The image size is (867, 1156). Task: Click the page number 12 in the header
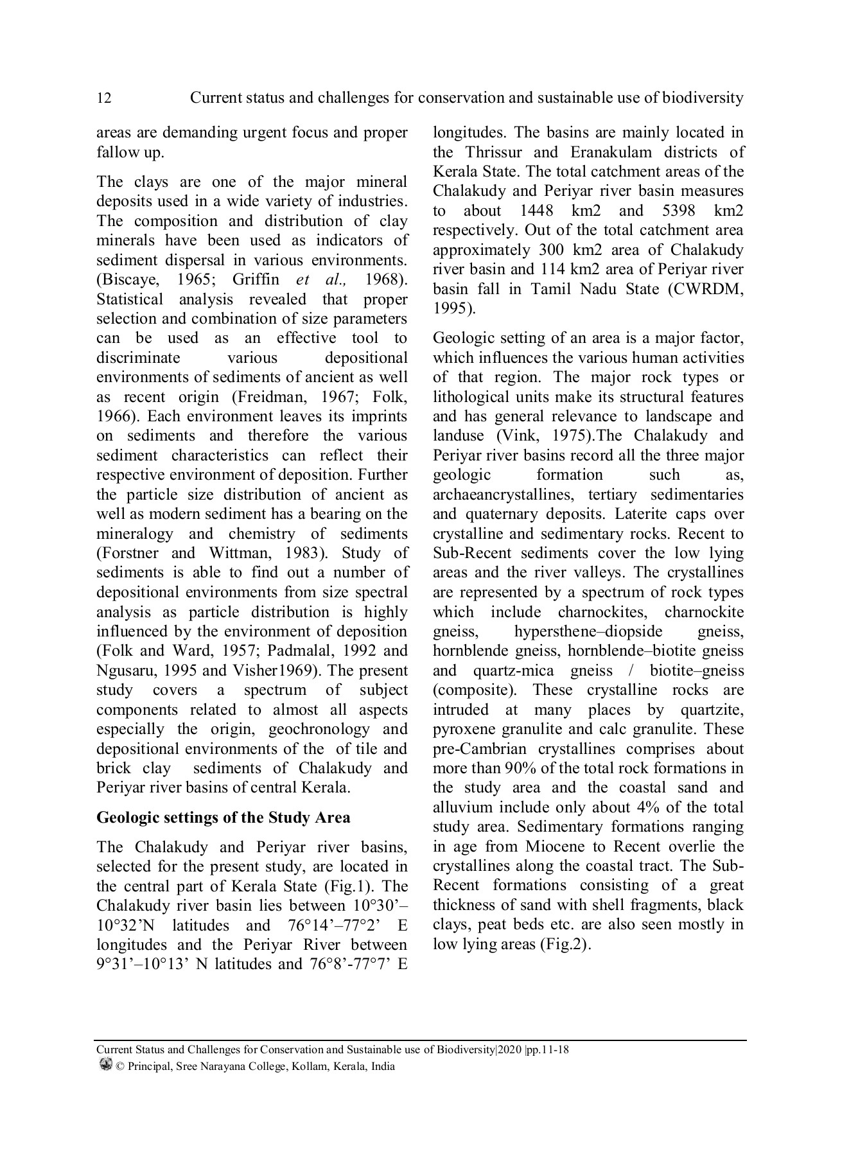click(103, 98)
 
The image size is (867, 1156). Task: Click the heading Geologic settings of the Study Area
click(223, 818)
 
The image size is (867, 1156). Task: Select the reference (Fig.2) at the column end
click(565, 945)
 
